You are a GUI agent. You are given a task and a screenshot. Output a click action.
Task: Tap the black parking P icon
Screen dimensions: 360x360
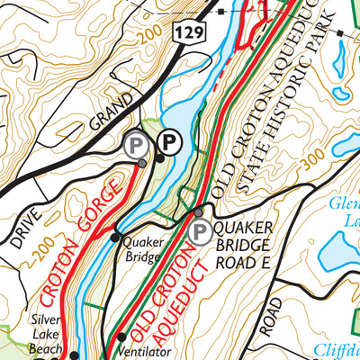pyautogui.click(x=168, y=141)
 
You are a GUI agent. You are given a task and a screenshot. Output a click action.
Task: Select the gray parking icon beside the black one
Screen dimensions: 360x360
pyautogui.click(x=137, y=144)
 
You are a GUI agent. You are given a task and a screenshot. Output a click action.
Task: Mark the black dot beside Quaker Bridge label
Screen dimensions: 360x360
pyautogui.click(x=114, y=238)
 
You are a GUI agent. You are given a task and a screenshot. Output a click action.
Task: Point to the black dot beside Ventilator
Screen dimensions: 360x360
pyautogui.click(x=122, y=337)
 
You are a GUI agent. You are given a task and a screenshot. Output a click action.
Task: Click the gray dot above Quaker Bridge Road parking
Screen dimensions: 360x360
pyautogui.click(x=200, y=212)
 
